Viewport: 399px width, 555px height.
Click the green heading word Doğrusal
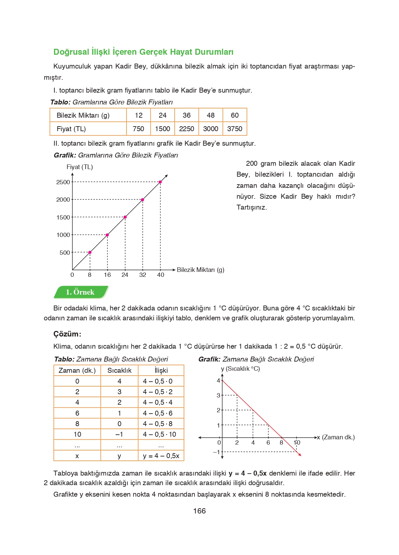point(71,52)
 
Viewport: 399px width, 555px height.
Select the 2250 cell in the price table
point(186,129)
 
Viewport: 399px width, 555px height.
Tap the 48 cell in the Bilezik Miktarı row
point(211,115)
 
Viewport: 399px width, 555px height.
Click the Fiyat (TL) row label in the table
point(71,129)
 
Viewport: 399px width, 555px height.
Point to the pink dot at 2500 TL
point(160,182)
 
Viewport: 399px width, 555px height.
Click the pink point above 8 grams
point(90,252)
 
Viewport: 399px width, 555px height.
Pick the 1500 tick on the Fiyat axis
point(63,218)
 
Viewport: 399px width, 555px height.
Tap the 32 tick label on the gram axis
point(143,275)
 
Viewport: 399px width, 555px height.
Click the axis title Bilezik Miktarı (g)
point(200,270)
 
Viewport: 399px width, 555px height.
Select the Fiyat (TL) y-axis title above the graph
point(80,167)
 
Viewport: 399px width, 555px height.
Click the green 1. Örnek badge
point(80,292)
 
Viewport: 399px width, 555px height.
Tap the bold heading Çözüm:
point(67,334)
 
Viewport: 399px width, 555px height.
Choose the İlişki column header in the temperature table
point(161,370)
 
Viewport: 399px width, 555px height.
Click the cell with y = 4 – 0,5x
point(161,456)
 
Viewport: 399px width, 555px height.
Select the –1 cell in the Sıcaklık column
point(119,434)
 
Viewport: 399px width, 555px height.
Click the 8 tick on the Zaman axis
point(281,443)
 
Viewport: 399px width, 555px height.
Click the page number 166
point(199,511)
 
